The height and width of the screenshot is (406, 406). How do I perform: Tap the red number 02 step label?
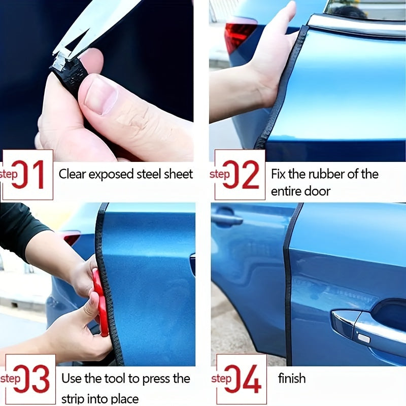pos(240,175)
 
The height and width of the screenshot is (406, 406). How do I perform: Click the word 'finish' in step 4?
pos(292,378)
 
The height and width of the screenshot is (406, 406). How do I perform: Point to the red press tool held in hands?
pos(100,302)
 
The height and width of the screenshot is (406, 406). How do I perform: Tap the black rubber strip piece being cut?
pos(69,74)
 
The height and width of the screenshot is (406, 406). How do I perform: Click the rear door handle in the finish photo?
pos(227,219)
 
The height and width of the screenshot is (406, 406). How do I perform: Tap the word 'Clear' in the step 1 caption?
pos(72,174)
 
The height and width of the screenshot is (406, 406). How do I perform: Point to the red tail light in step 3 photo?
pos(71,238)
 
